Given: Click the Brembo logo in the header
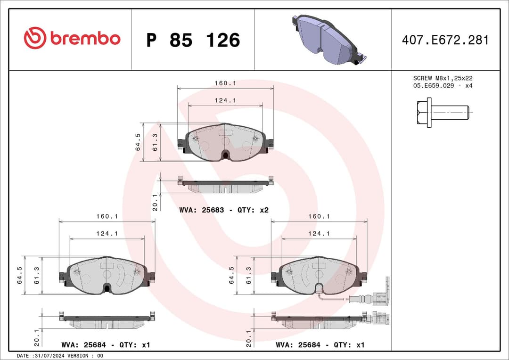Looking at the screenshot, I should pyautogui.click(x=72, y=39).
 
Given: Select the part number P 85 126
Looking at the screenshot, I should pyautogui.click(x=193, y=41).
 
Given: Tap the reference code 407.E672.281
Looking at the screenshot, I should pyautogui.click(x=445, y=40).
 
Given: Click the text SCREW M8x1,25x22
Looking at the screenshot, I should pyautogui.click(x=443, y=78).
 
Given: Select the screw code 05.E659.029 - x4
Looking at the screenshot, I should pyautogui.click(x=443, y=86).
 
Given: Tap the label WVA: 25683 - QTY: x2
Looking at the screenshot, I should pyautogui.click(x=224, y=210).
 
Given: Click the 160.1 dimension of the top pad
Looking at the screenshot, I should pyautogui.click(x=225, y=83).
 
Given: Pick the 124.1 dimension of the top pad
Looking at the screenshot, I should pyautogui.click(x=225, y=100).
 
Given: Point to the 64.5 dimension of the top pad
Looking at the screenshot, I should pyautogui.click(x=138, y=142).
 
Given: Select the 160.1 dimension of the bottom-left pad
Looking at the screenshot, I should pyautogui.click(x=107, y=216).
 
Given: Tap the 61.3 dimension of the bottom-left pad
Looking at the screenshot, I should pyautogui.click(x=37, y=275).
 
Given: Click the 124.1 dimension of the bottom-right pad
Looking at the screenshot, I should pyautogui.click(x=319, y=234).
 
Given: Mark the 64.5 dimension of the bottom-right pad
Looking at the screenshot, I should pyautogui.click(x=231, y=275).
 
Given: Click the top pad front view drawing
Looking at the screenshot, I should pyautogui.click(x=225, y=142).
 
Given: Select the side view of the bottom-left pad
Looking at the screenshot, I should pyautogui.click(x=107, y=321).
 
